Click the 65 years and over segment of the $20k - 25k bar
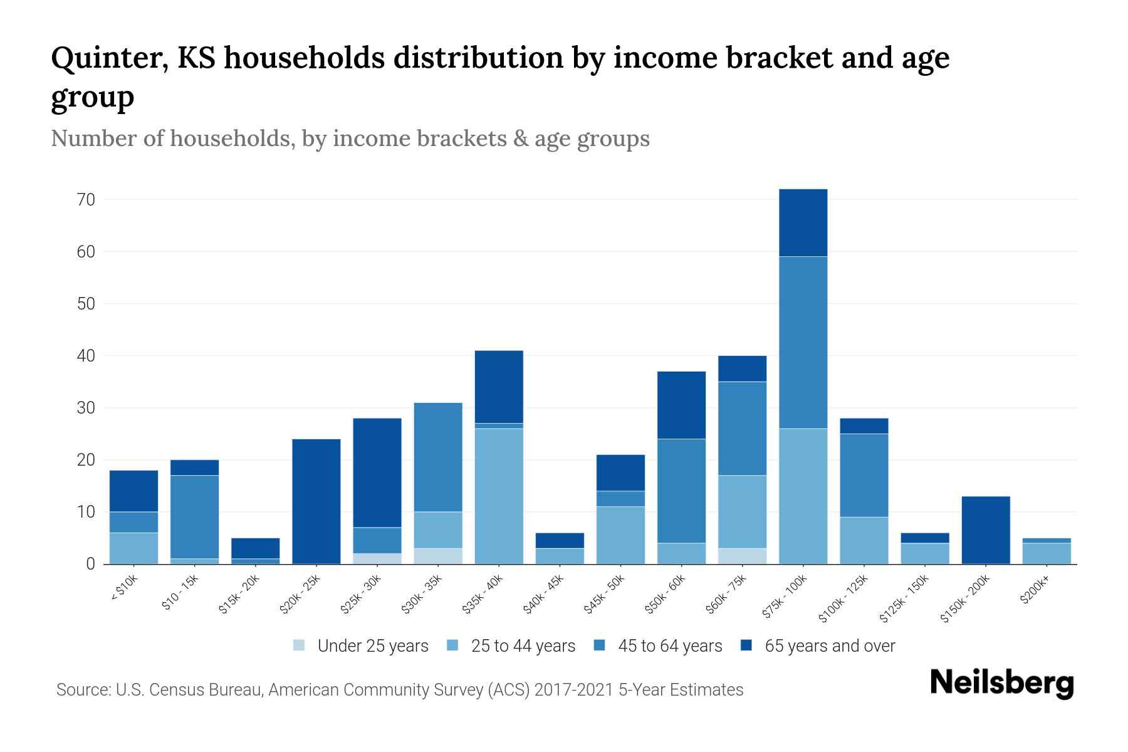(316, 501)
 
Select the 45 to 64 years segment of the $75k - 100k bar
(803, 342)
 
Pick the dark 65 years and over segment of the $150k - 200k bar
(986, 530)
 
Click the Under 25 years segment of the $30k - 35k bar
(438, 556)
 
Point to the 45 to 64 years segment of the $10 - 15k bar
(195, 517)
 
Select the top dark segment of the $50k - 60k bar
(681, 405)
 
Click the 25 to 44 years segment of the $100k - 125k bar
(864, 540)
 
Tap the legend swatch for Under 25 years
(300, 645)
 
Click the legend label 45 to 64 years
(669, 646)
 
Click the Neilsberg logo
(1001, 683)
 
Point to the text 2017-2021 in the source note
(573, 690)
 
